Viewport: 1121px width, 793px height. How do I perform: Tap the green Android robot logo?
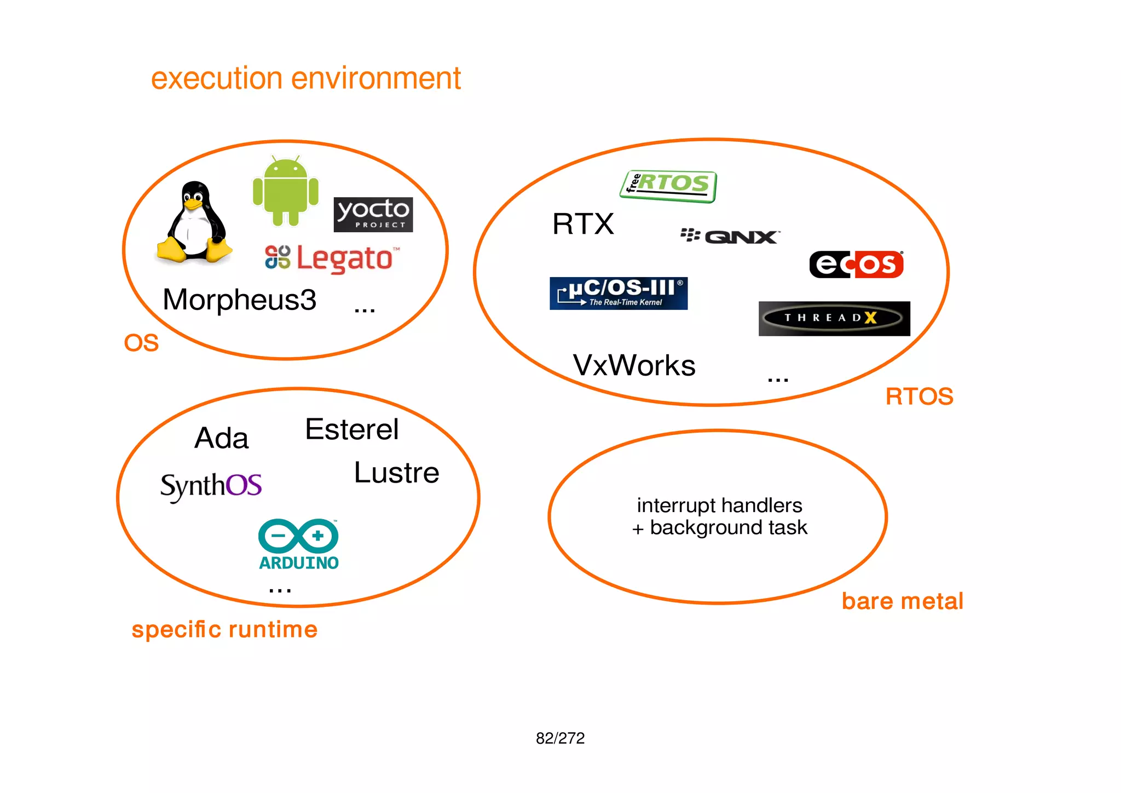pos(285,192)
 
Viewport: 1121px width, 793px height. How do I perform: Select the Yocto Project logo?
pos(373,215)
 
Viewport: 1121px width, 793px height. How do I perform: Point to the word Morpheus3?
pos(239,300)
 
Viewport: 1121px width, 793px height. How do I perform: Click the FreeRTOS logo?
pos(668,186)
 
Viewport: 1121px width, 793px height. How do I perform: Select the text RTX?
pos(583,224)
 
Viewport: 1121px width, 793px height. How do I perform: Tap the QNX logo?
pos(730,236)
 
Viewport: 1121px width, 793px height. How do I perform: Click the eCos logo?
pos(856,265)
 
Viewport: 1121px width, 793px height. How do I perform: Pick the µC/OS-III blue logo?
pos(619,294)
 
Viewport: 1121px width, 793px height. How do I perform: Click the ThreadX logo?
pos(834,318)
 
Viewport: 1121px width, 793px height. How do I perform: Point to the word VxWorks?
pos(634,365)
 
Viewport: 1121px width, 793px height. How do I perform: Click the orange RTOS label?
pos(919,396)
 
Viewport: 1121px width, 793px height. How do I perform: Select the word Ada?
pos(222,438)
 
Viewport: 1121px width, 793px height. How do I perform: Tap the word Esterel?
pos(351,429)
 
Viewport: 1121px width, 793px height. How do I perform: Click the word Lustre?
pos(396,473)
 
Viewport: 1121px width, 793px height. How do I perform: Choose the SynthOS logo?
pos(211,486)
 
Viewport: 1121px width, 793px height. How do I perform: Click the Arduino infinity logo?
pos(298,536)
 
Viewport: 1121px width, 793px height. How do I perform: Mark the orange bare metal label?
pos(902,601)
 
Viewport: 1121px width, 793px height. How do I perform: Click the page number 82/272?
pos(560,738)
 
